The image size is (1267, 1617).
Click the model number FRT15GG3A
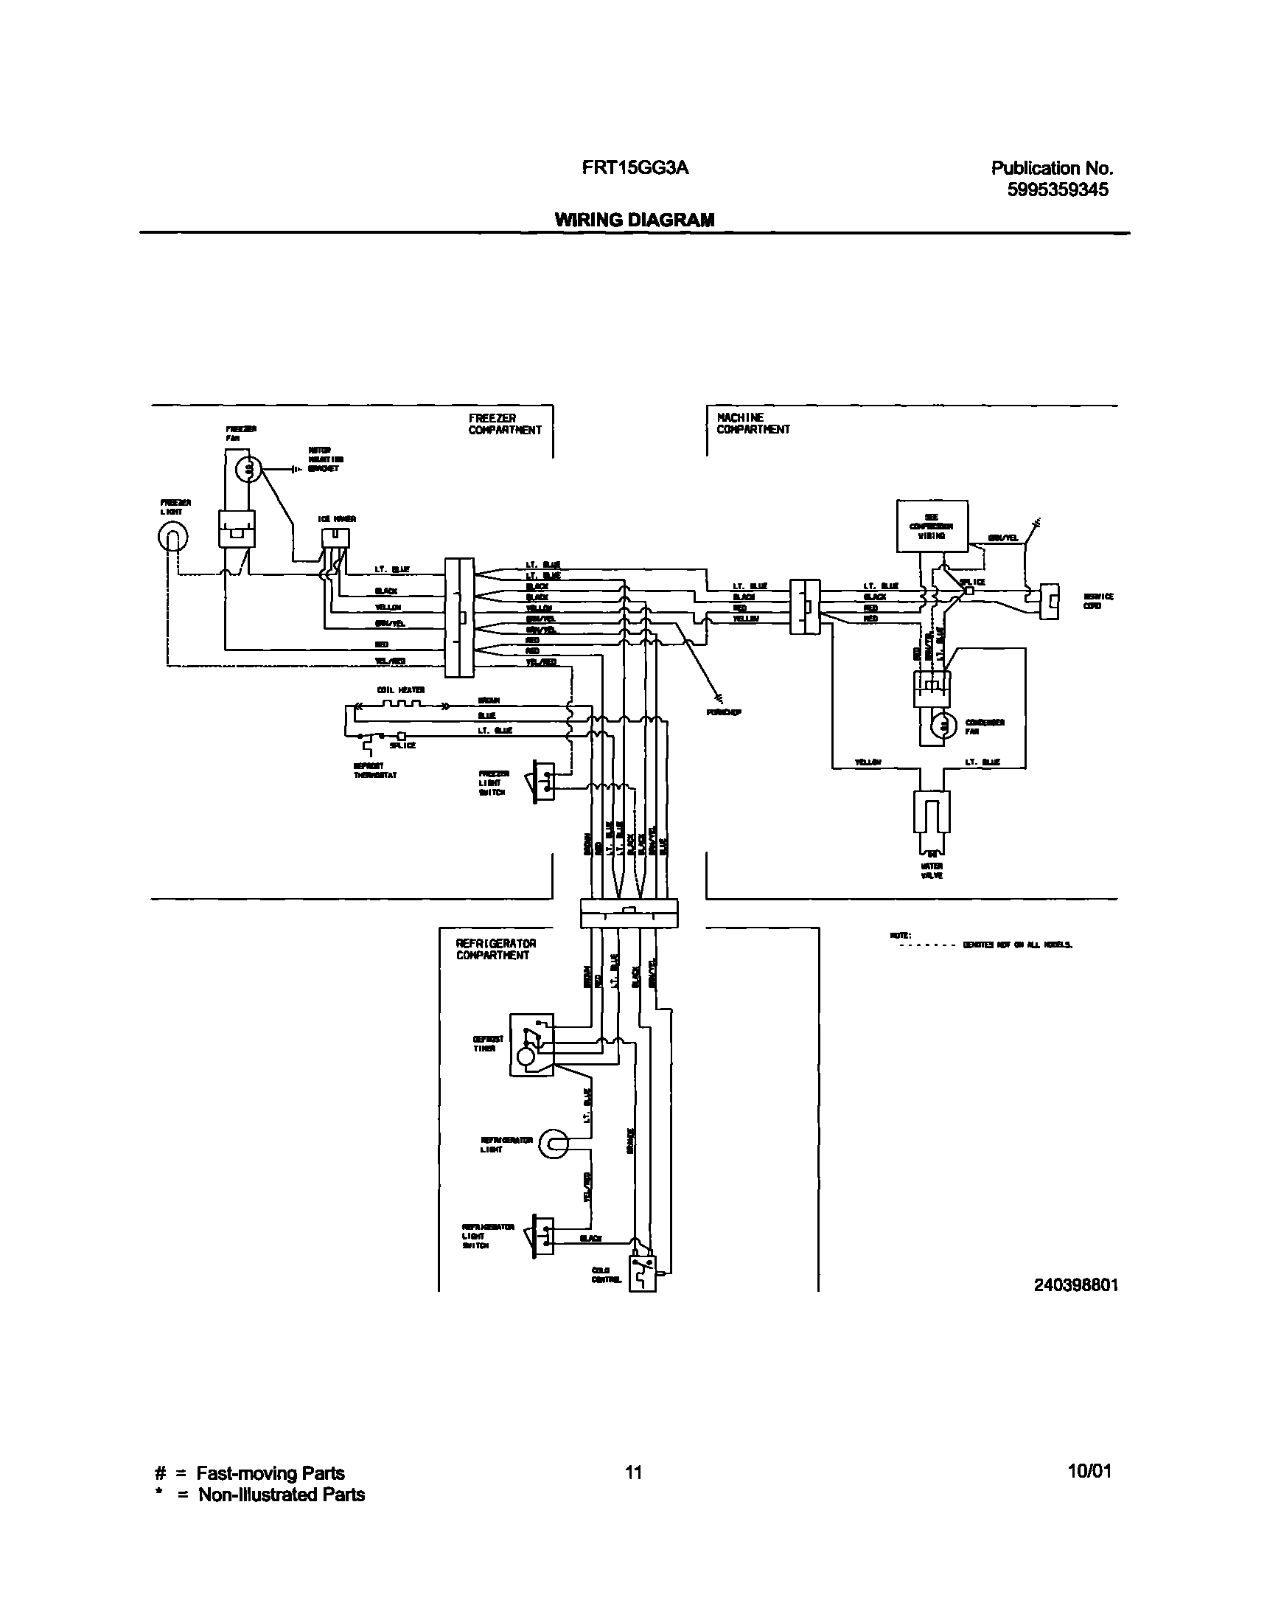(x=635, y=168)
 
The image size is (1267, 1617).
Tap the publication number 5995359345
(x=1057, y=190)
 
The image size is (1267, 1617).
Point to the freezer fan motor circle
(x=248, y=469)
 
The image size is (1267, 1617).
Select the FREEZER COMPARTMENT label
(x=504, y=425)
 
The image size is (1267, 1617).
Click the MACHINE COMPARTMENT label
(x=753, y=424)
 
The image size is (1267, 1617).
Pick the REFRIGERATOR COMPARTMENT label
(x=495, y=949)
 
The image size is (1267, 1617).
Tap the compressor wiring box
(x=932, y=526)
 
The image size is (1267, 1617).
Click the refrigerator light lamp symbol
(x=554, y=1144)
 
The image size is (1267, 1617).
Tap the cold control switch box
(x=643, y=1273)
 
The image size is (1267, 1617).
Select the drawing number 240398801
(x=1075, y=1285)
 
